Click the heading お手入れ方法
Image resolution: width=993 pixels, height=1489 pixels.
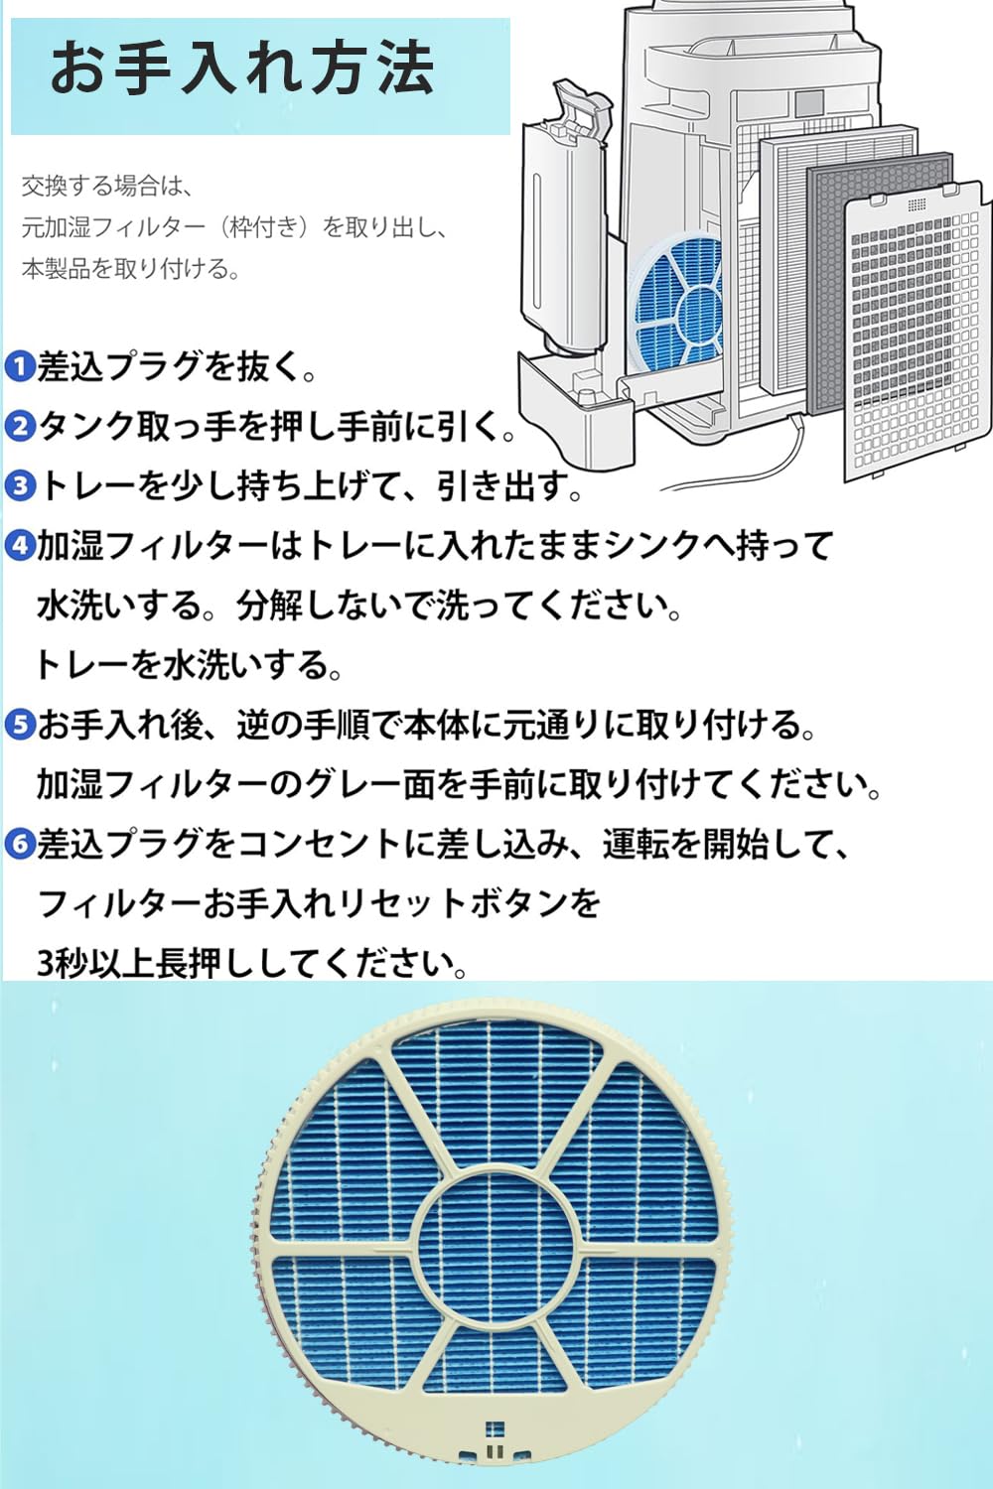(242, 68)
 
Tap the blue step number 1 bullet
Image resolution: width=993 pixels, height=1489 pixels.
(19, 366)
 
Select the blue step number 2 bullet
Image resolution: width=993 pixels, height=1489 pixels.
(19, 427)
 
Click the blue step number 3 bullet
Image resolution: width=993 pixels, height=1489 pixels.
(19, 486)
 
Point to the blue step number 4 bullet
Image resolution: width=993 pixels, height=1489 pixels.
(19, 546)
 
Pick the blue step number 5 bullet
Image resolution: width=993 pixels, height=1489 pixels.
(19, 726)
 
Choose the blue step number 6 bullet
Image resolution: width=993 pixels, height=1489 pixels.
(19, 845)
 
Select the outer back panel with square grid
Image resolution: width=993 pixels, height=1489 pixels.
(919, 338)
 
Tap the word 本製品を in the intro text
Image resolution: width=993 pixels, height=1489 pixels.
(70, 269)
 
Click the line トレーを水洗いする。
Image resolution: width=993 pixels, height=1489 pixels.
(189, 665)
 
